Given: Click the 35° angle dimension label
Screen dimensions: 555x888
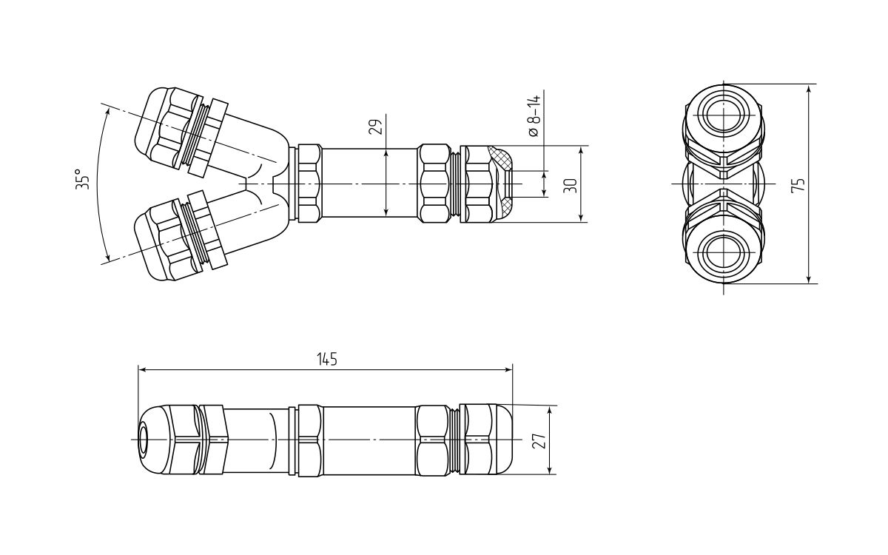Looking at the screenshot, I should tap(82, 180).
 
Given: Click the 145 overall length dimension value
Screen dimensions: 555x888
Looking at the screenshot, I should tap(326, 359).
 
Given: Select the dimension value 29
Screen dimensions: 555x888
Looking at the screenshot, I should tap(377, 127).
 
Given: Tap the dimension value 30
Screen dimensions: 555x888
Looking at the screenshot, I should tap(570, 185).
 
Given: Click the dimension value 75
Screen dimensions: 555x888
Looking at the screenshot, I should tap(798, 185).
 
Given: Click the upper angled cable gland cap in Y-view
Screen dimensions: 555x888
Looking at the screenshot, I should tap(159, 127).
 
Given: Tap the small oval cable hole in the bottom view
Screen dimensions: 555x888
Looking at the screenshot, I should tap(144, 440).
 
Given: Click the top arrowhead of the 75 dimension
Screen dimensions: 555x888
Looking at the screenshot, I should tap(809, 88).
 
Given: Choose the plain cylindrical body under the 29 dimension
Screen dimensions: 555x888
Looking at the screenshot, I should tap(370, 183).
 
